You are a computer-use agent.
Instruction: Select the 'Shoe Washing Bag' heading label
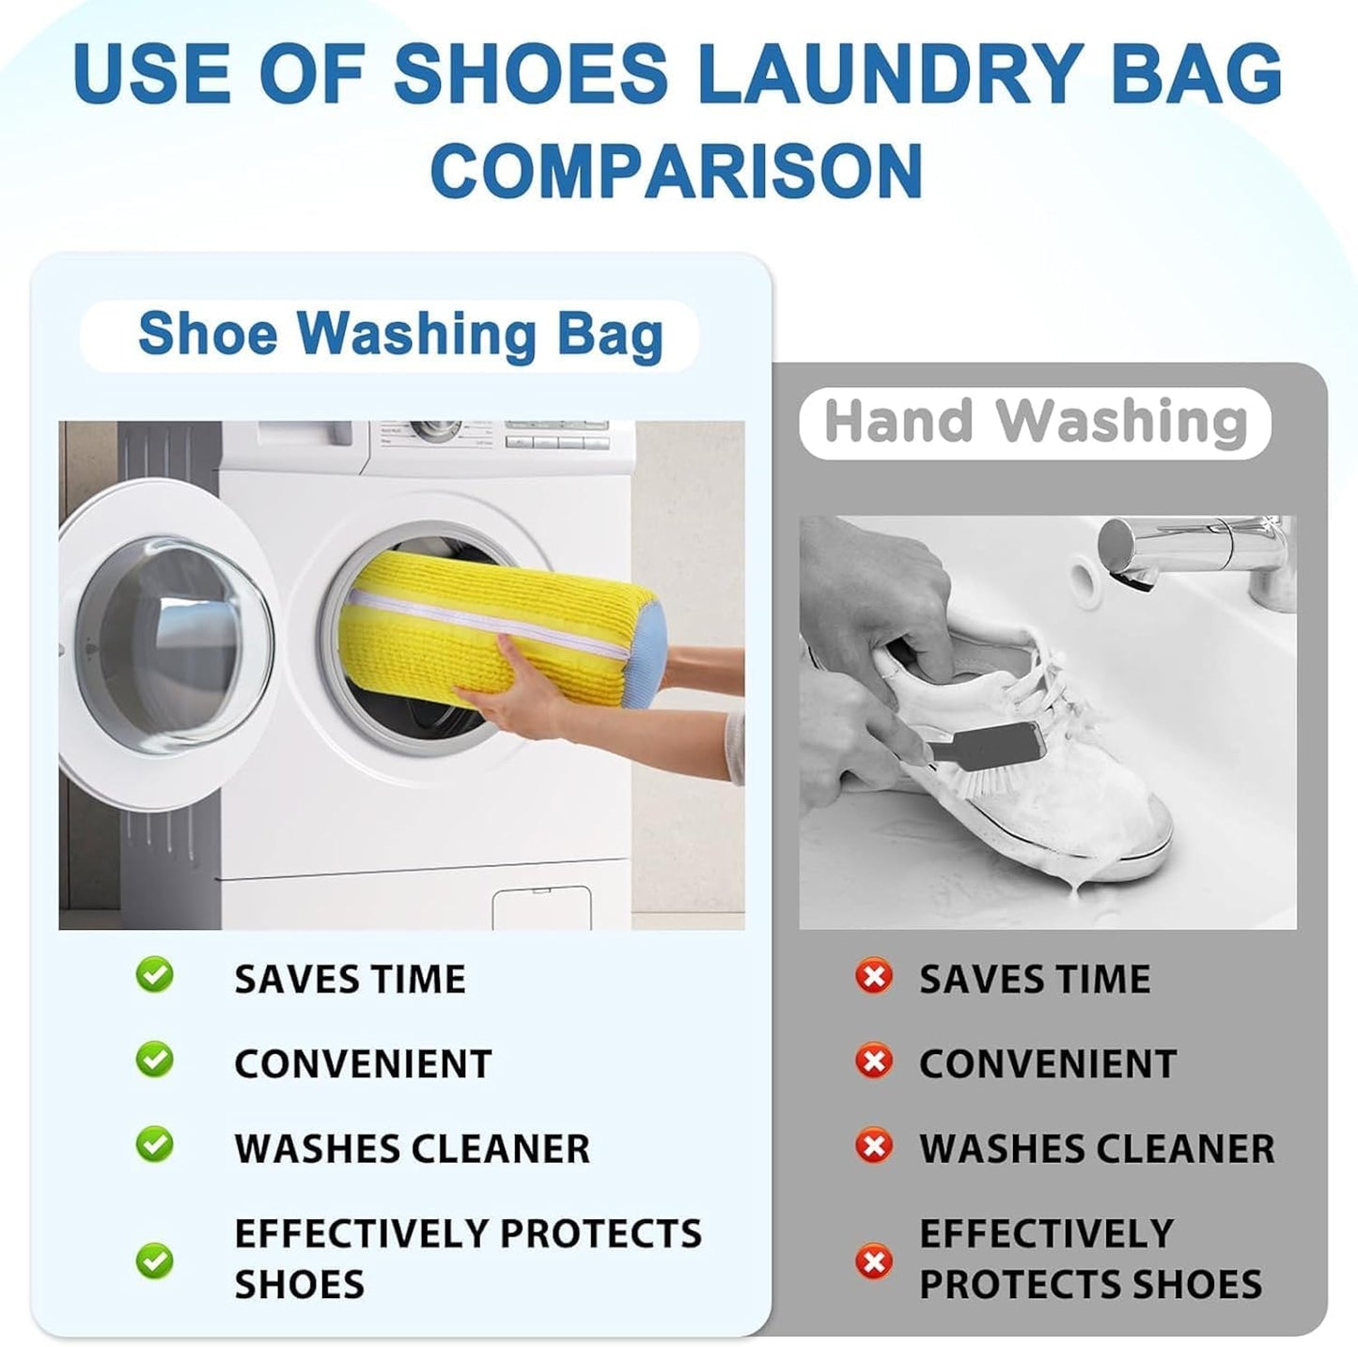(400, 334)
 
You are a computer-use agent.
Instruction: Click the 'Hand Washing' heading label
(1036, 422)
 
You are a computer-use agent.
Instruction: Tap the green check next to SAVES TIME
(154, 975)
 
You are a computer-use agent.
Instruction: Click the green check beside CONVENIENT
(154, 1060)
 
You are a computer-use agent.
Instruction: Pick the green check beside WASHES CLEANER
(154, 1144)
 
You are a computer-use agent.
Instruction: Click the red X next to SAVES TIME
(874, 977)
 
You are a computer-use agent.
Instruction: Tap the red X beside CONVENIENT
(874, 1061)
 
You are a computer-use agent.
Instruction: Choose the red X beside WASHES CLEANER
(874, 1146)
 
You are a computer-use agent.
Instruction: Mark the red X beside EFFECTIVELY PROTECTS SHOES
(874, 1261)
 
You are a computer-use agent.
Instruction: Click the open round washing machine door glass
(174, 639)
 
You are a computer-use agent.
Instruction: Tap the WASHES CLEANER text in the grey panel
(1097, 1148)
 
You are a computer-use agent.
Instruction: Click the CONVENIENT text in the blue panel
(363, 1063)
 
